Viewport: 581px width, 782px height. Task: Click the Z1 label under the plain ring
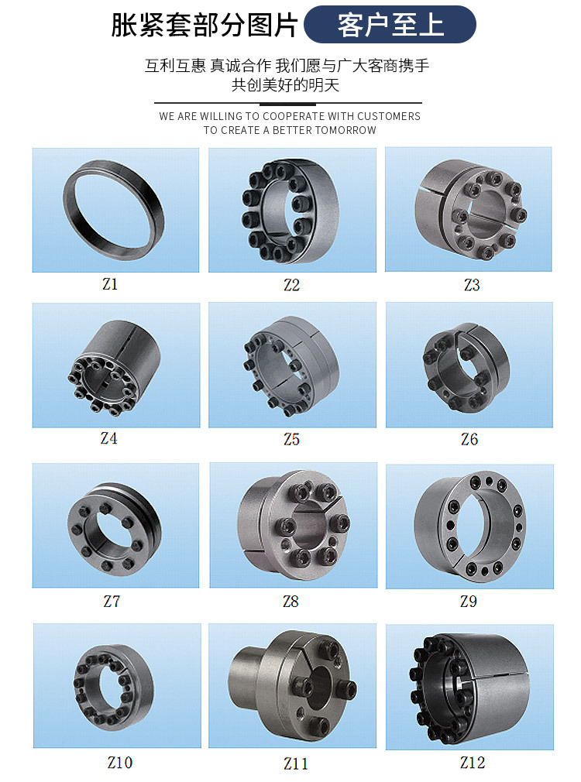tap(110, 284)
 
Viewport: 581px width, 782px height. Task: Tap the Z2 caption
tap(291, 285)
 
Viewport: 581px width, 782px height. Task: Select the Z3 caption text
tap(472, 285)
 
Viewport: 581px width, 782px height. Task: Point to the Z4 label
tap(108, 438)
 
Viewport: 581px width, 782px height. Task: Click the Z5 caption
tap(291, 439)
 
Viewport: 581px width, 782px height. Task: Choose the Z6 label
tap(469, 439)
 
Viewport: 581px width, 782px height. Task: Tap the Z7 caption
tap(112, 601)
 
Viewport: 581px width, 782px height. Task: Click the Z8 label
tap(290, 601)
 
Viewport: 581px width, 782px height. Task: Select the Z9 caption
tap(468, 601)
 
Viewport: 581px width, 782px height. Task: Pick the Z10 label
tap(120, 762)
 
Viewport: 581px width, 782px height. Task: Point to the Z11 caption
tap(295, 763)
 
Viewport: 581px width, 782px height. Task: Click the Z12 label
tap(473, 762)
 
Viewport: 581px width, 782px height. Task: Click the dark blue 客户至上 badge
tap(390, 25)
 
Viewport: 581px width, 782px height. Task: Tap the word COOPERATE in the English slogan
tap(294, 116)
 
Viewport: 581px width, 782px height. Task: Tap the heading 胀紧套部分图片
tap(205, 25)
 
